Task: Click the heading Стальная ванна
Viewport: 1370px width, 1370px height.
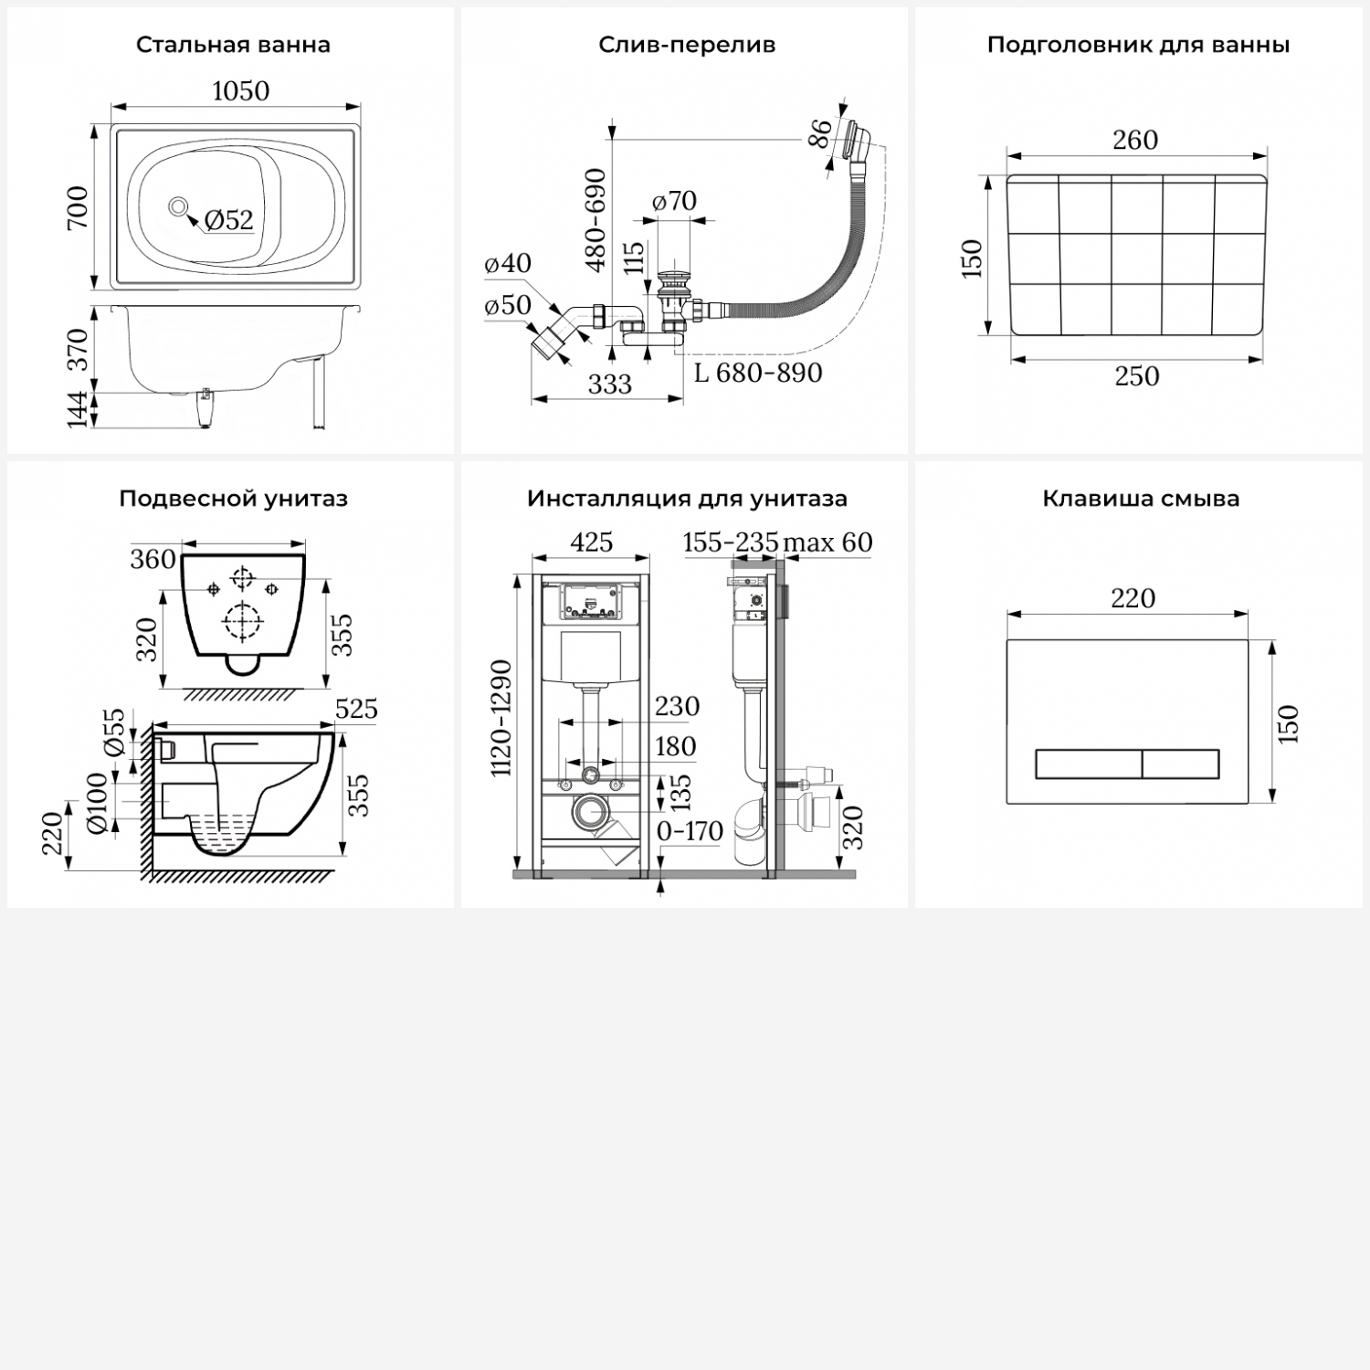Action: click(x=233, y=45)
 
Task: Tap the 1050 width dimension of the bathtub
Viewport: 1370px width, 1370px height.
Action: click(x=240, y=91)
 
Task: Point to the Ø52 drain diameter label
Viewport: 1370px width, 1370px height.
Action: click(x=228, y=220)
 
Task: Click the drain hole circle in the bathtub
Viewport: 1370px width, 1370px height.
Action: click(x=178, y=206)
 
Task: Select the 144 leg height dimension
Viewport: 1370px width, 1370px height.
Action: click(x=78, y=408)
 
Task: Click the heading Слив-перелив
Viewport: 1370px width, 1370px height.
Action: click(x=687, y=45)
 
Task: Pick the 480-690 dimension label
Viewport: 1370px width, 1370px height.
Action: click(x=595, y=220)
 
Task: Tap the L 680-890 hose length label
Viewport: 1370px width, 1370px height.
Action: click(x=758, y=373)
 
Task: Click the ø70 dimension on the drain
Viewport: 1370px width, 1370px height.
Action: click(x=675, y=201)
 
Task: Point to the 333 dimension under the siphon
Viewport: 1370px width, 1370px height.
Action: click(x=609, y=385)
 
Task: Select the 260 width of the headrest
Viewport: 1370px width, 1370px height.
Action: click(x=1135, y=140)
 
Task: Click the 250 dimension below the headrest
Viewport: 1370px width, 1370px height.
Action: click(x=1136, y=376)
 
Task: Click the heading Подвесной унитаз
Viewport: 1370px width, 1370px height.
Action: click(x=233, y=499)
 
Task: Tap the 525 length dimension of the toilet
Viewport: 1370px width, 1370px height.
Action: click(x=356, y=709)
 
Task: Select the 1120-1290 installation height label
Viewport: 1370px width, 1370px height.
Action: click(x=501, y=719)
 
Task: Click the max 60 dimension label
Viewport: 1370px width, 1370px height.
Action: click(x=827, y=543)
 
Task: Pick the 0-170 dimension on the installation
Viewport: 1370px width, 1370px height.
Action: click(x=690, y=831)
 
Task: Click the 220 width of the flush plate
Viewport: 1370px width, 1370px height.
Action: click(x=1133, y=598)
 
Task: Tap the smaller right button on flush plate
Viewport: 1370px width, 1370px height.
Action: click(x=1181, y=764)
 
